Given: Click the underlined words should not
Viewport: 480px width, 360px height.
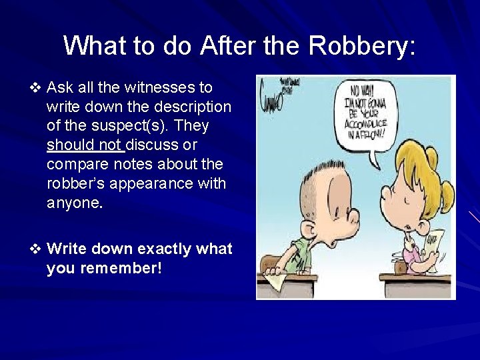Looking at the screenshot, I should pyautogui.click(x=85, y=145).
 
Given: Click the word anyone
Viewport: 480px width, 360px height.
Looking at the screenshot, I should pyautogui.click(x=75, y=203).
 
